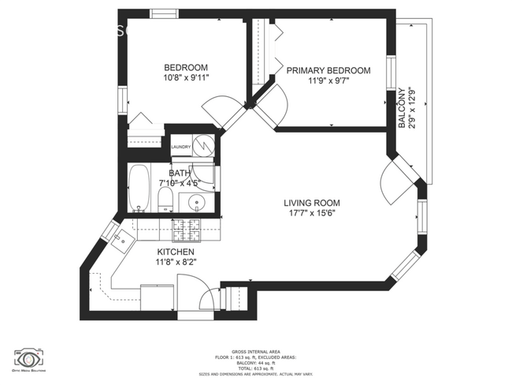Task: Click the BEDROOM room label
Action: (185, 67)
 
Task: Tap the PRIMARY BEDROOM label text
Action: (328, 70)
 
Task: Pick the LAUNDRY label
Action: (181, 147)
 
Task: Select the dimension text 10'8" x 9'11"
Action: (185, 78)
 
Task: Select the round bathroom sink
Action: (195, 202)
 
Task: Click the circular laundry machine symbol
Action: (205, 145)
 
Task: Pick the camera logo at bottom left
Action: (30, 355)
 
